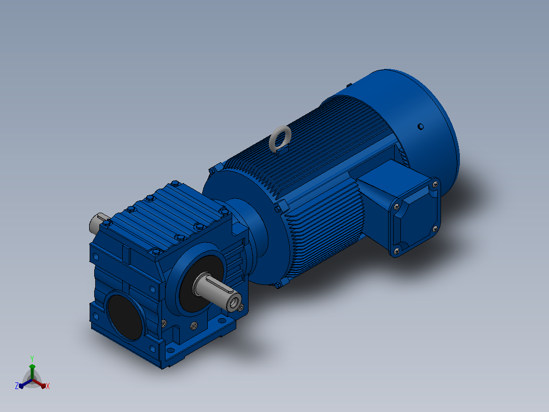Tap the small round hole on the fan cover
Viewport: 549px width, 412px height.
[x=421, y=126]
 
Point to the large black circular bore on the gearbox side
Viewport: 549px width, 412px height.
[x=125, y=317]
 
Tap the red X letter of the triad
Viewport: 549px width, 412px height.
[x=48, y=386]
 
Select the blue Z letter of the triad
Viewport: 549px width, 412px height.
[x=17, y=386]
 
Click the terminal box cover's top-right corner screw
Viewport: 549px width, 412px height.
[x=435, y=184]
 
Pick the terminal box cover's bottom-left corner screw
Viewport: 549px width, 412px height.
[x=397, y=251]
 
